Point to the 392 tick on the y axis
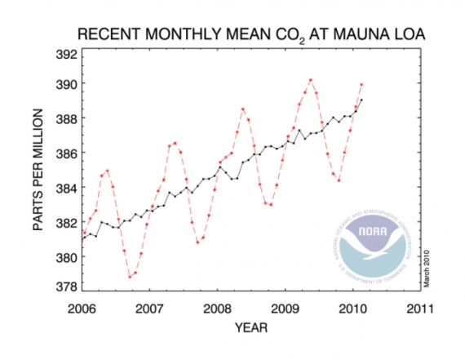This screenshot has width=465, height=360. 67,56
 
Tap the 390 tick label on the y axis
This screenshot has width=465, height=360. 67,84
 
